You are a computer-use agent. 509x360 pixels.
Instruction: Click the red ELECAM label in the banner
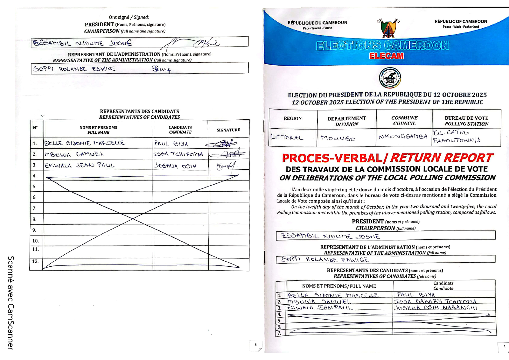386,56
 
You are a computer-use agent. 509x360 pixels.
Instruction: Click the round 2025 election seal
390,78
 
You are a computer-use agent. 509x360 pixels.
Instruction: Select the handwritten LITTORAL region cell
287,138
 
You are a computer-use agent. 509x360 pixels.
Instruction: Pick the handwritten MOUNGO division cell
338,138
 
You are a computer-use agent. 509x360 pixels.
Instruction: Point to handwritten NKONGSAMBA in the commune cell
403,137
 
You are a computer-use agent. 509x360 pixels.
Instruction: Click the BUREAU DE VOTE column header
466,121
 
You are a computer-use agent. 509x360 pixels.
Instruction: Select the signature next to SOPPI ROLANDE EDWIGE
161,68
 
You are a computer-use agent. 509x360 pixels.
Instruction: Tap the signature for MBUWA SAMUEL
227,155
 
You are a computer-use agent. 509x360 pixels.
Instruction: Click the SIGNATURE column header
228,130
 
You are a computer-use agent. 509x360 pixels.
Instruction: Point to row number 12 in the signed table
35,261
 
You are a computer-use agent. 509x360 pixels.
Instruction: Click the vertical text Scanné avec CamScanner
10,303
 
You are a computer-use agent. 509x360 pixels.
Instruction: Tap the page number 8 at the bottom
255,344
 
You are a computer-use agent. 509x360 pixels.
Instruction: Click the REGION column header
293,118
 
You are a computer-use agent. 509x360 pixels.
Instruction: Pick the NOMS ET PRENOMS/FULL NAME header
339,286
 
